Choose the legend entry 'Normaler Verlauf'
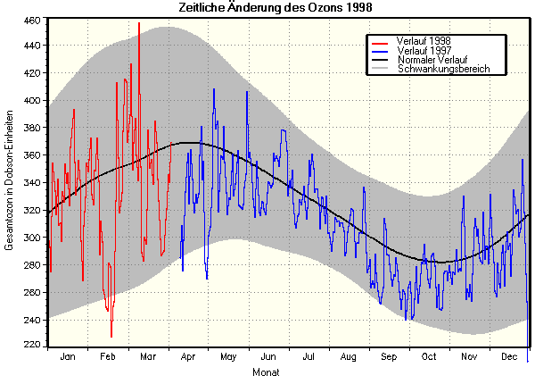(x=432, y=60)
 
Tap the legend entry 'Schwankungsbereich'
(x=443, y=69)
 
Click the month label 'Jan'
(x=67, y=357)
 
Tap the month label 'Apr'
(x=188, y=357)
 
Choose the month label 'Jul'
(x=309, y=357)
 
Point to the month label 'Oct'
(x=430, y=357)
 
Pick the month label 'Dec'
(x=510, y=357)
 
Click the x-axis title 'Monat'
(x=266, y=371)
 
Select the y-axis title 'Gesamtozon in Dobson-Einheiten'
(x=10, y=182)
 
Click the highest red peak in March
(x=139, y=24)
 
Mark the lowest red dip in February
(x=111, y=337)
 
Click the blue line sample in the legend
(x=381, y=51)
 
